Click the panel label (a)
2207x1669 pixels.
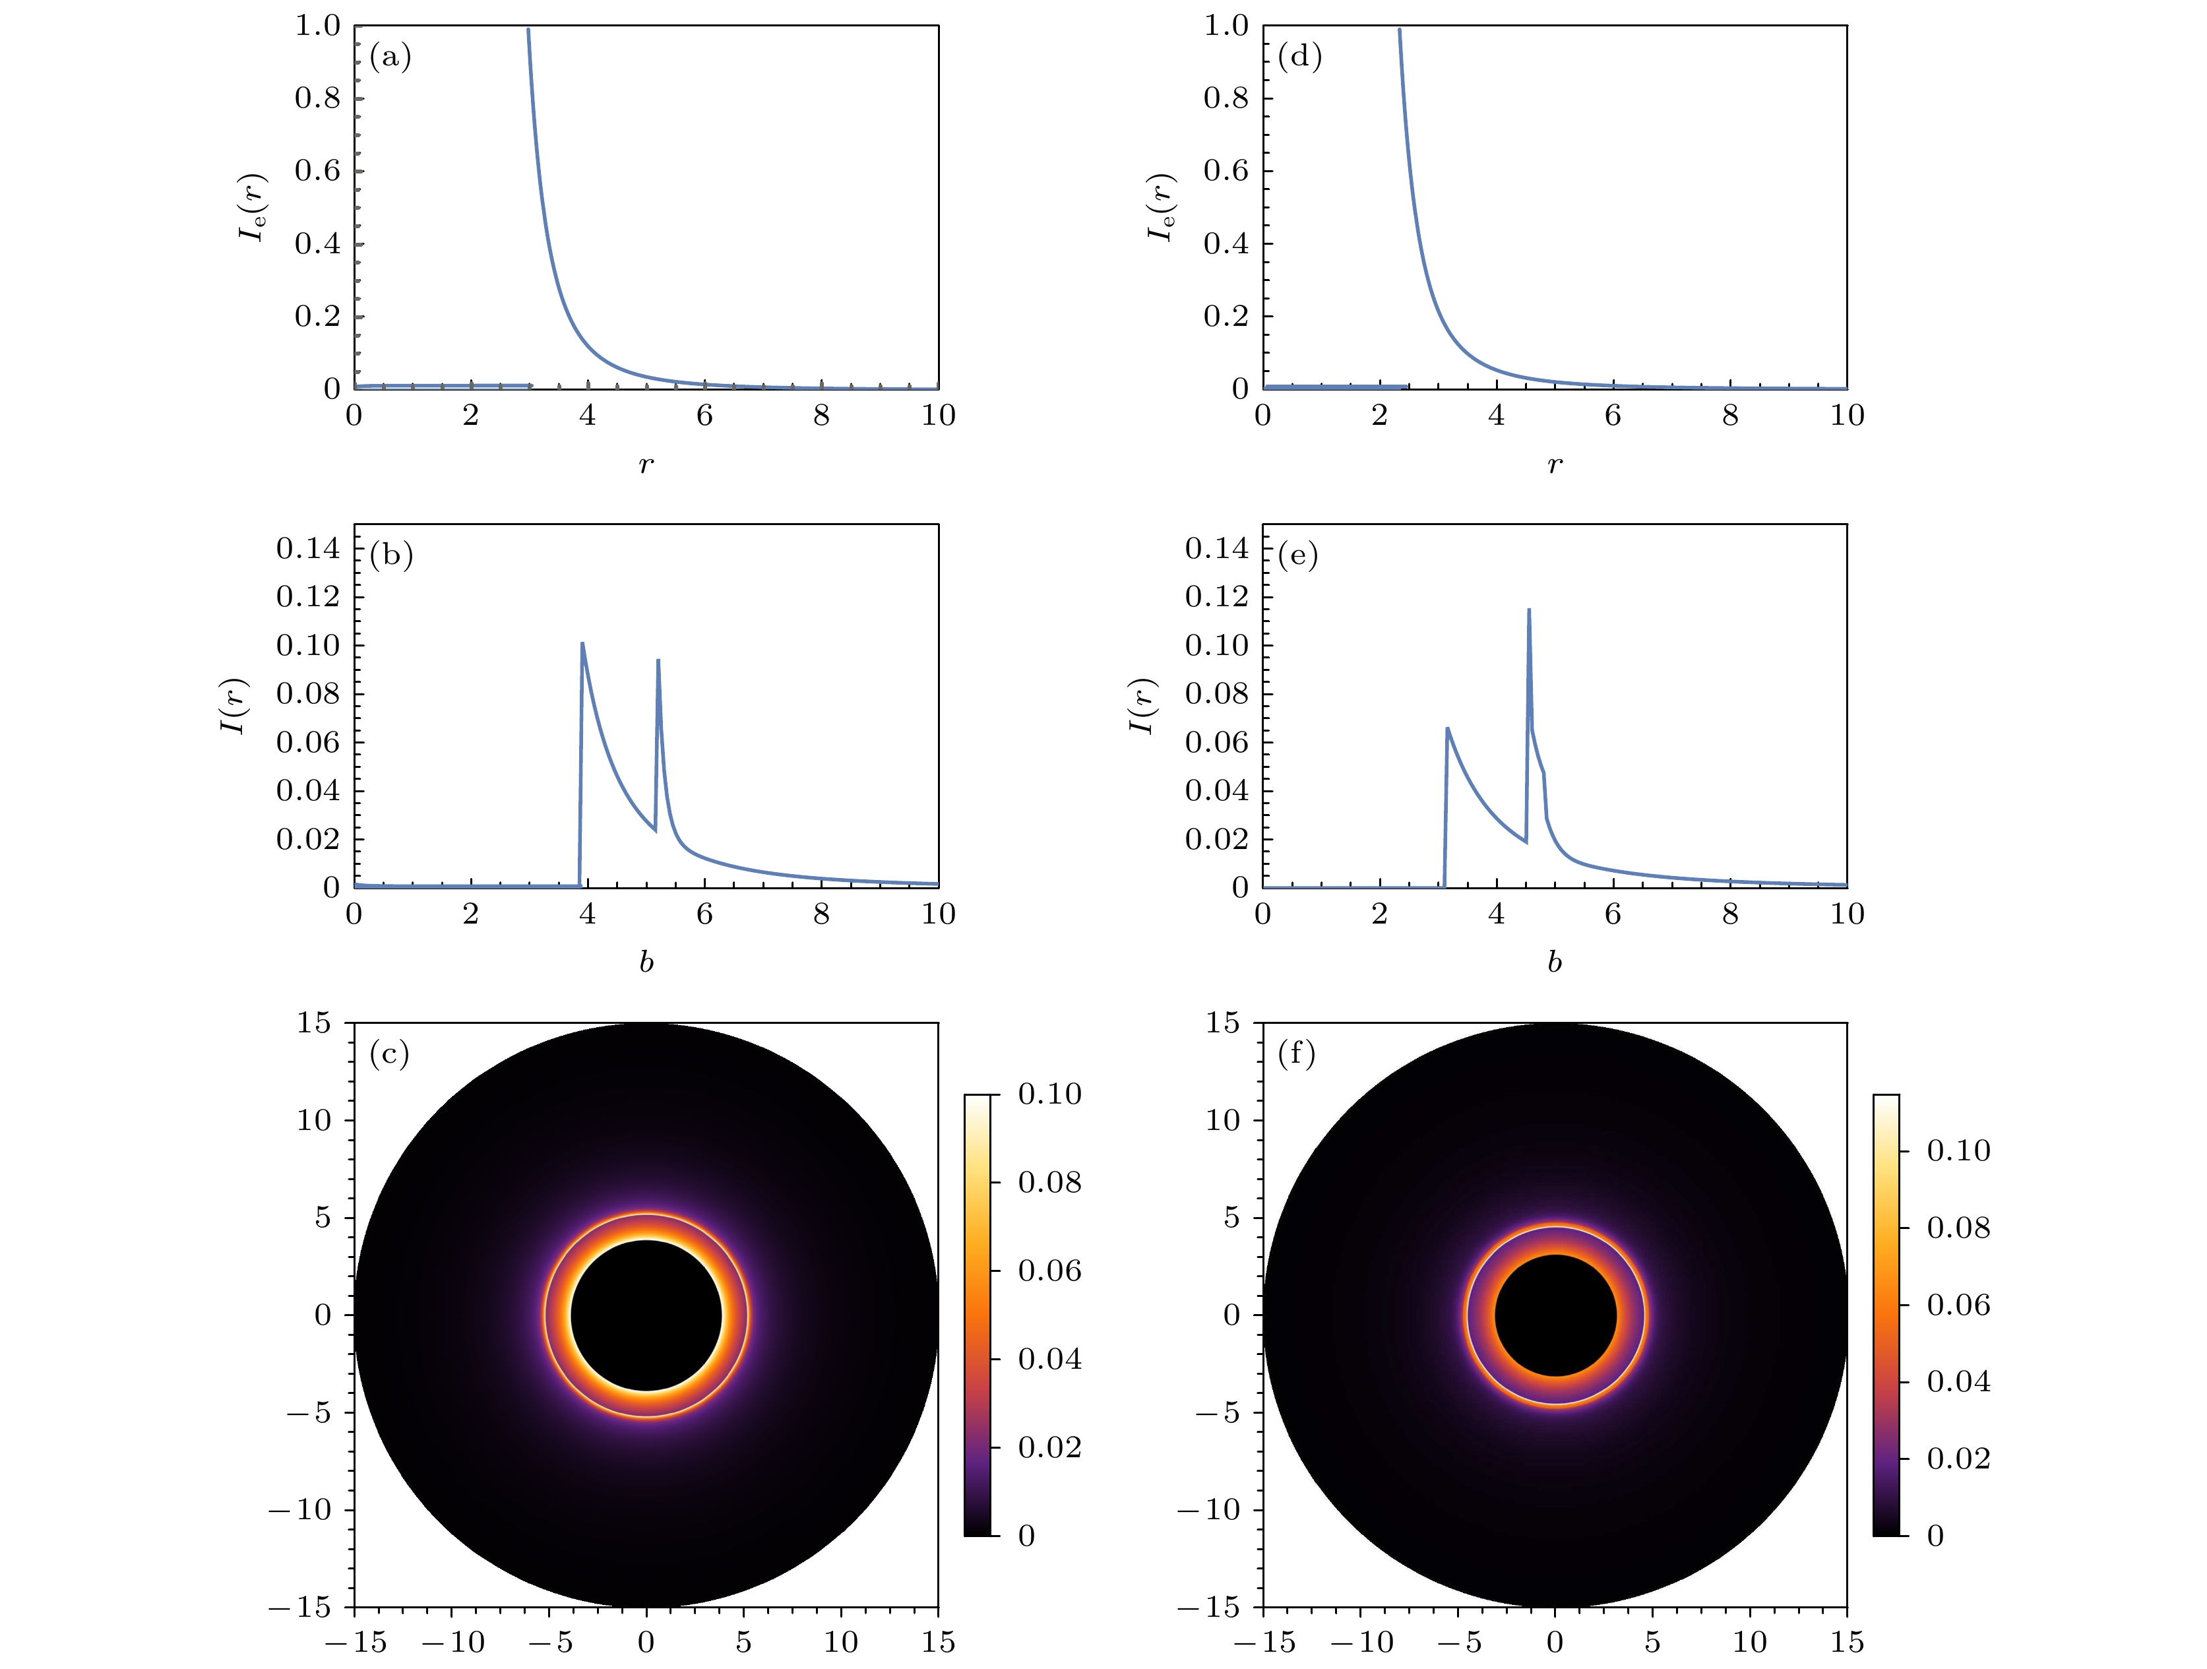pos(389,57)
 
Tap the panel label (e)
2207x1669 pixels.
pos(1298,555)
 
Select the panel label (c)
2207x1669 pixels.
pos(389,1054)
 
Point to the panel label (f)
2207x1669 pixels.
pos(1297,1054)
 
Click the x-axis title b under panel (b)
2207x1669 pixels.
pos(646,962)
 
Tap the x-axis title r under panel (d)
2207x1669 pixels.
pos(1555,464)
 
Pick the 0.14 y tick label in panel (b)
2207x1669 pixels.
pos(307,548)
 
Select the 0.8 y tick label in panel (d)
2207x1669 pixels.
pos(1226,98)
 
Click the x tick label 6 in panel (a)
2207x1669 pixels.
pos(704,416)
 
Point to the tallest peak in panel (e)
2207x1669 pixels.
pos(1528,610)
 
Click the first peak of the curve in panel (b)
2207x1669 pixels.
pos(582,645)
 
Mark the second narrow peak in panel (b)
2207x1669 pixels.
pos(658,660)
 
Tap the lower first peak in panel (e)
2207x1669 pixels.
pos(1446,729)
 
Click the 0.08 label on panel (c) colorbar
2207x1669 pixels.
pos(1049,1182)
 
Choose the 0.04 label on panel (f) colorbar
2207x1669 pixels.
pos(1958,1381)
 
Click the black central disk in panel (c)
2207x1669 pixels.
pos(646,1315)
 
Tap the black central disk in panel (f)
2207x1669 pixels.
pos(1555,1315)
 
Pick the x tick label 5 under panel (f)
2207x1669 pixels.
pos(1652,1642)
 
